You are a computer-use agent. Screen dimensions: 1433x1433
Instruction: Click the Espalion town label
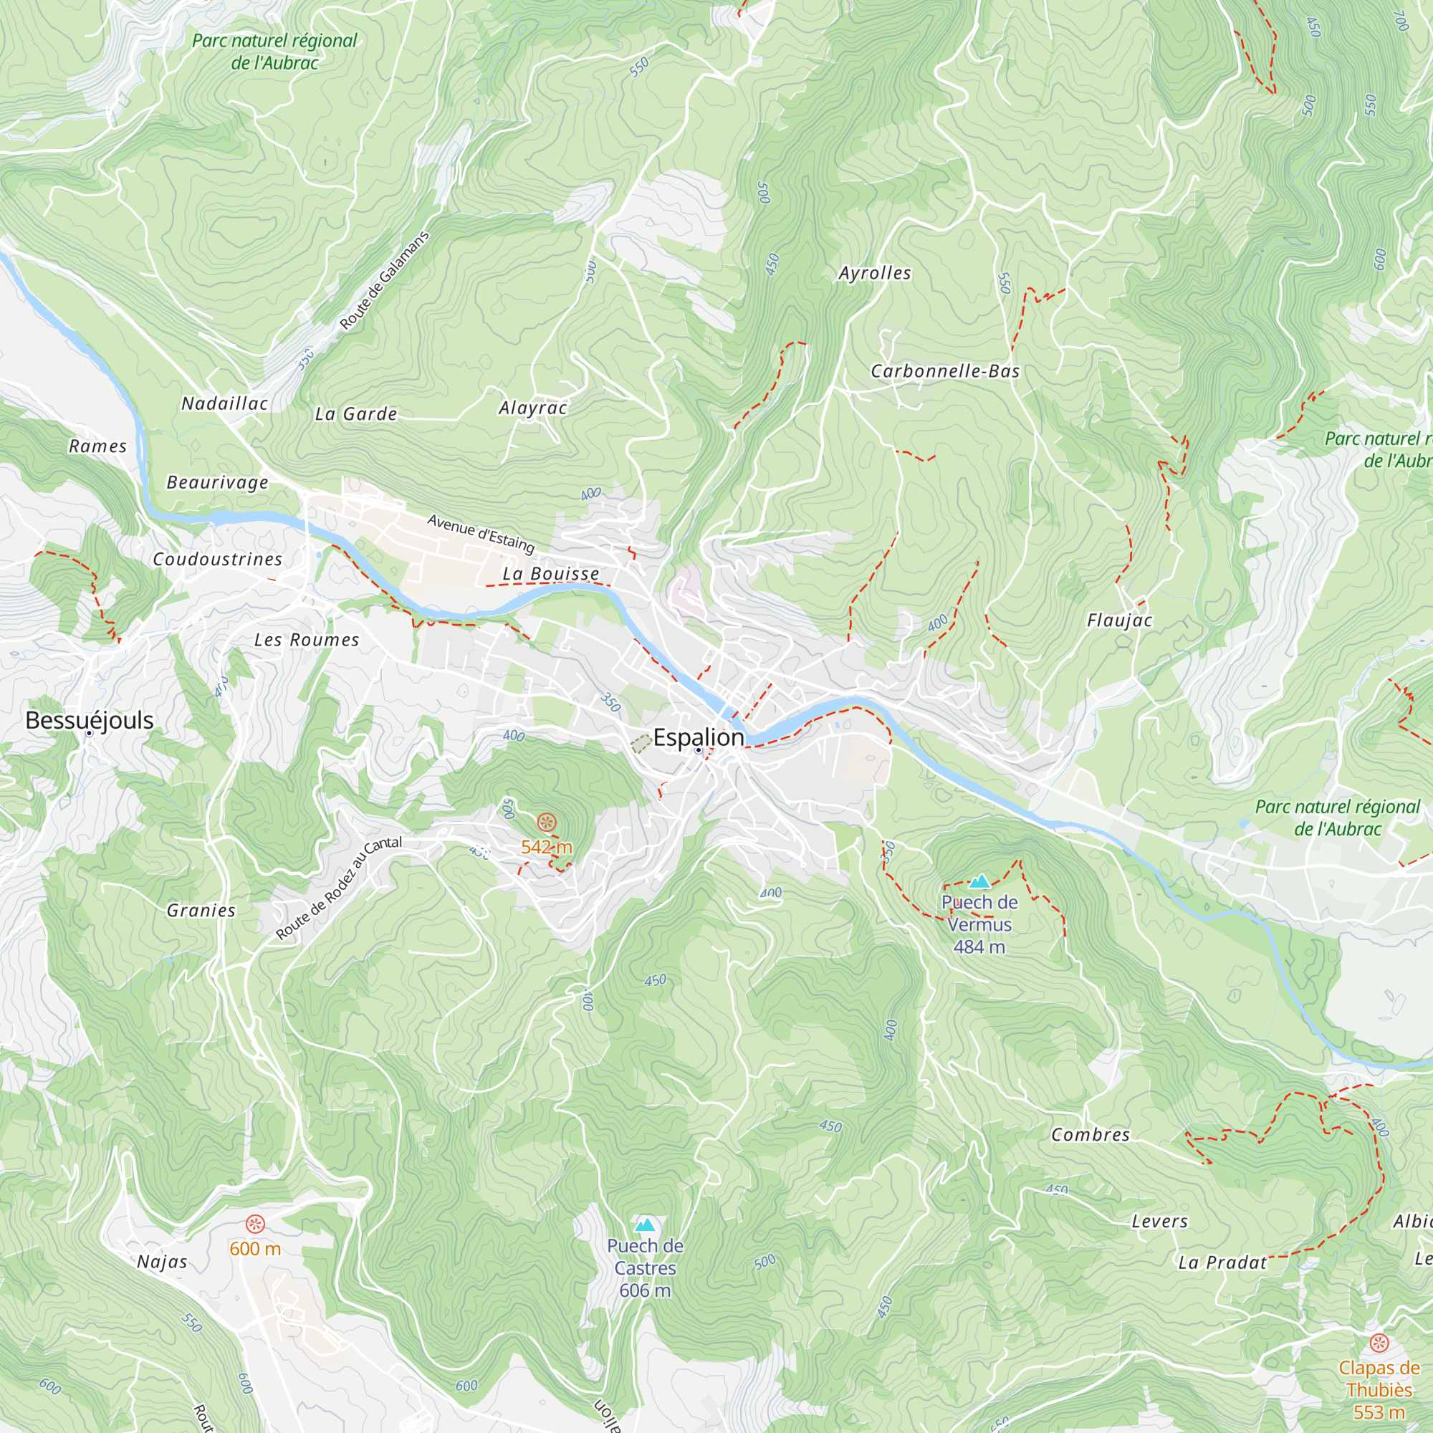point(698,737)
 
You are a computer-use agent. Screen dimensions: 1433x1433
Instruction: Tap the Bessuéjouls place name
point(89,719)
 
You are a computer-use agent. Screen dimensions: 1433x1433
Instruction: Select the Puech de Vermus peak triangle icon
point(979,881)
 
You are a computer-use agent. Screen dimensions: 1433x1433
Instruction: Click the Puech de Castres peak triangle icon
point(646,1224)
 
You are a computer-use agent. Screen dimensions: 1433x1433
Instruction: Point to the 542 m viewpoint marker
point(547,822)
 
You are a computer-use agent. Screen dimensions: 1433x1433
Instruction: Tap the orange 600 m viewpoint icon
point(255,1224)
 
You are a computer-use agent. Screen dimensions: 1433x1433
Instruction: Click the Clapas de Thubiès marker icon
point(1379,1343)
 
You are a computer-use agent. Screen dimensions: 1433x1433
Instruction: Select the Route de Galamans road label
point(384,280)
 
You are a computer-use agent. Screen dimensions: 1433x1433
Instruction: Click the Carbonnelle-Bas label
point(945,371)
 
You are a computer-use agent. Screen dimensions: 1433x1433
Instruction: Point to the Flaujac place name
point(1119,620)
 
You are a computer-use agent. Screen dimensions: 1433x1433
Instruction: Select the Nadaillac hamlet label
point(225,403)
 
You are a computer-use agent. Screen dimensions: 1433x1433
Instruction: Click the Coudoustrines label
point(217,560)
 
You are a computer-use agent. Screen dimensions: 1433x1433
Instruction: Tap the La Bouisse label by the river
point(550,574)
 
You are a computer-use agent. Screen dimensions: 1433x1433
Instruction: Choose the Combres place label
point(1090,1135)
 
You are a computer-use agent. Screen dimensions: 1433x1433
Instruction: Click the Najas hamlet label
point(162,1262)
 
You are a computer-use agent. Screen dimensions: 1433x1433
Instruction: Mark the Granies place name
point(201,910)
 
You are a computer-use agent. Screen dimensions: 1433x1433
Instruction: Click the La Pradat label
point(1222,1262)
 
